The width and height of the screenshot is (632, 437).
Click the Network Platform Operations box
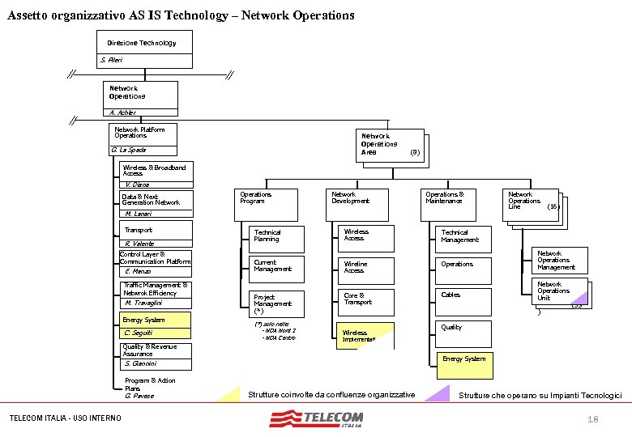click(x=142, y=133)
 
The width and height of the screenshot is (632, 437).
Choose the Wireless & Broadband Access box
click(x=156, y=170)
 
